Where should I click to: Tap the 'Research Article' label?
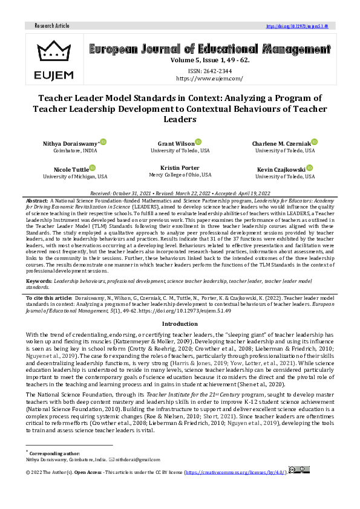(52, 26)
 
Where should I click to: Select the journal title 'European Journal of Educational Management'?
(209, 50)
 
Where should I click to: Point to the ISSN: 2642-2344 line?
(209, 70)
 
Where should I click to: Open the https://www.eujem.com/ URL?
(209, 79)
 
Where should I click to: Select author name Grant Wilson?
(177, 143)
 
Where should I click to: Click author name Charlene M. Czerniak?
(281, 143)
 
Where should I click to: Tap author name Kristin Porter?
(180, 167)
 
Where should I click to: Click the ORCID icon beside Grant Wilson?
(198, 142)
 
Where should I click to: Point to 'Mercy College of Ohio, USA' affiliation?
(180, 175)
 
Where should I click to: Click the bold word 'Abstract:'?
(38, 199)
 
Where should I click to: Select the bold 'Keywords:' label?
(40, 282)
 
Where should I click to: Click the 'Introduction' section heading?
(180, 324)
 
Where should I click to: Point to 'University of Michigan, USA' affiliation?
(75, 177)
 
